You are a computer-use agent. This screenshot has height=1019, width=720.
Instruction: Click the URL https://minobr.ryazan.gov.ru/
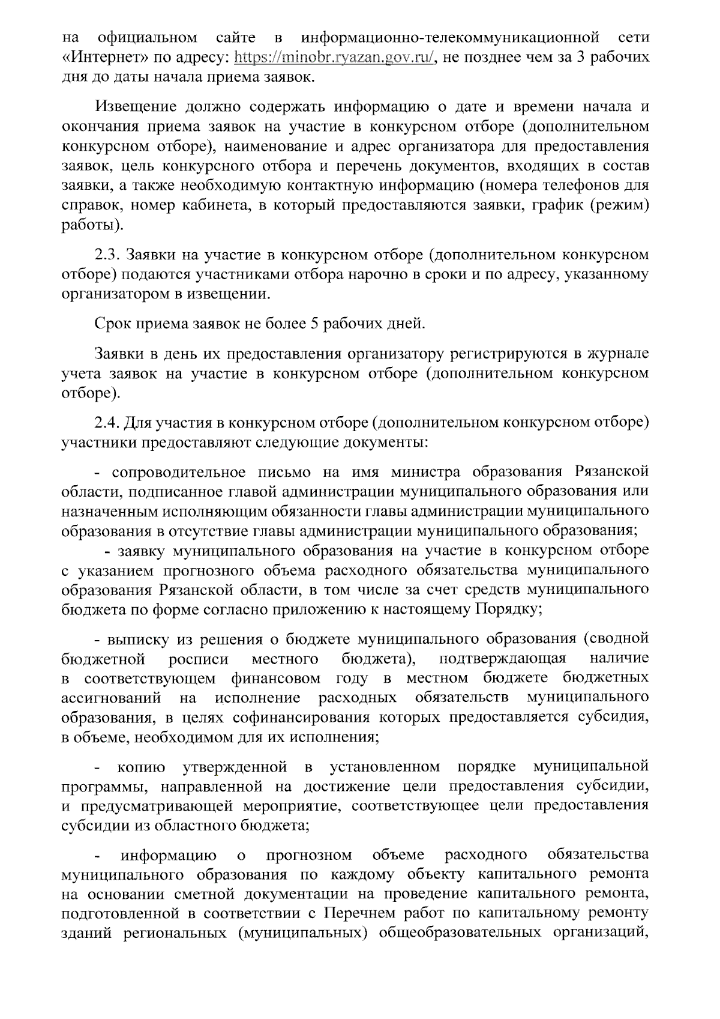coord(334,58)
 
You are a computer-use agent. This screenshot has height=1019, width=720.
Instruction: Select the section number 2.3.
coord(109,255)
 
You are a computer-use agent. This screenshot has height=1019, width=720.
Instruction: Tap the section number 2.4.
coord(109,423)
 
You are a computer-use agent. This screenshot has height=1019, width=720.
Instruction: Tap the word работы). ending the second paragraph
coord(93,225)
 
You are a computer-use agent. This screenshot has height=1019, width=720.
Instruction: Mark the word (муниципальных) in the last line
coord(304,933)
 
